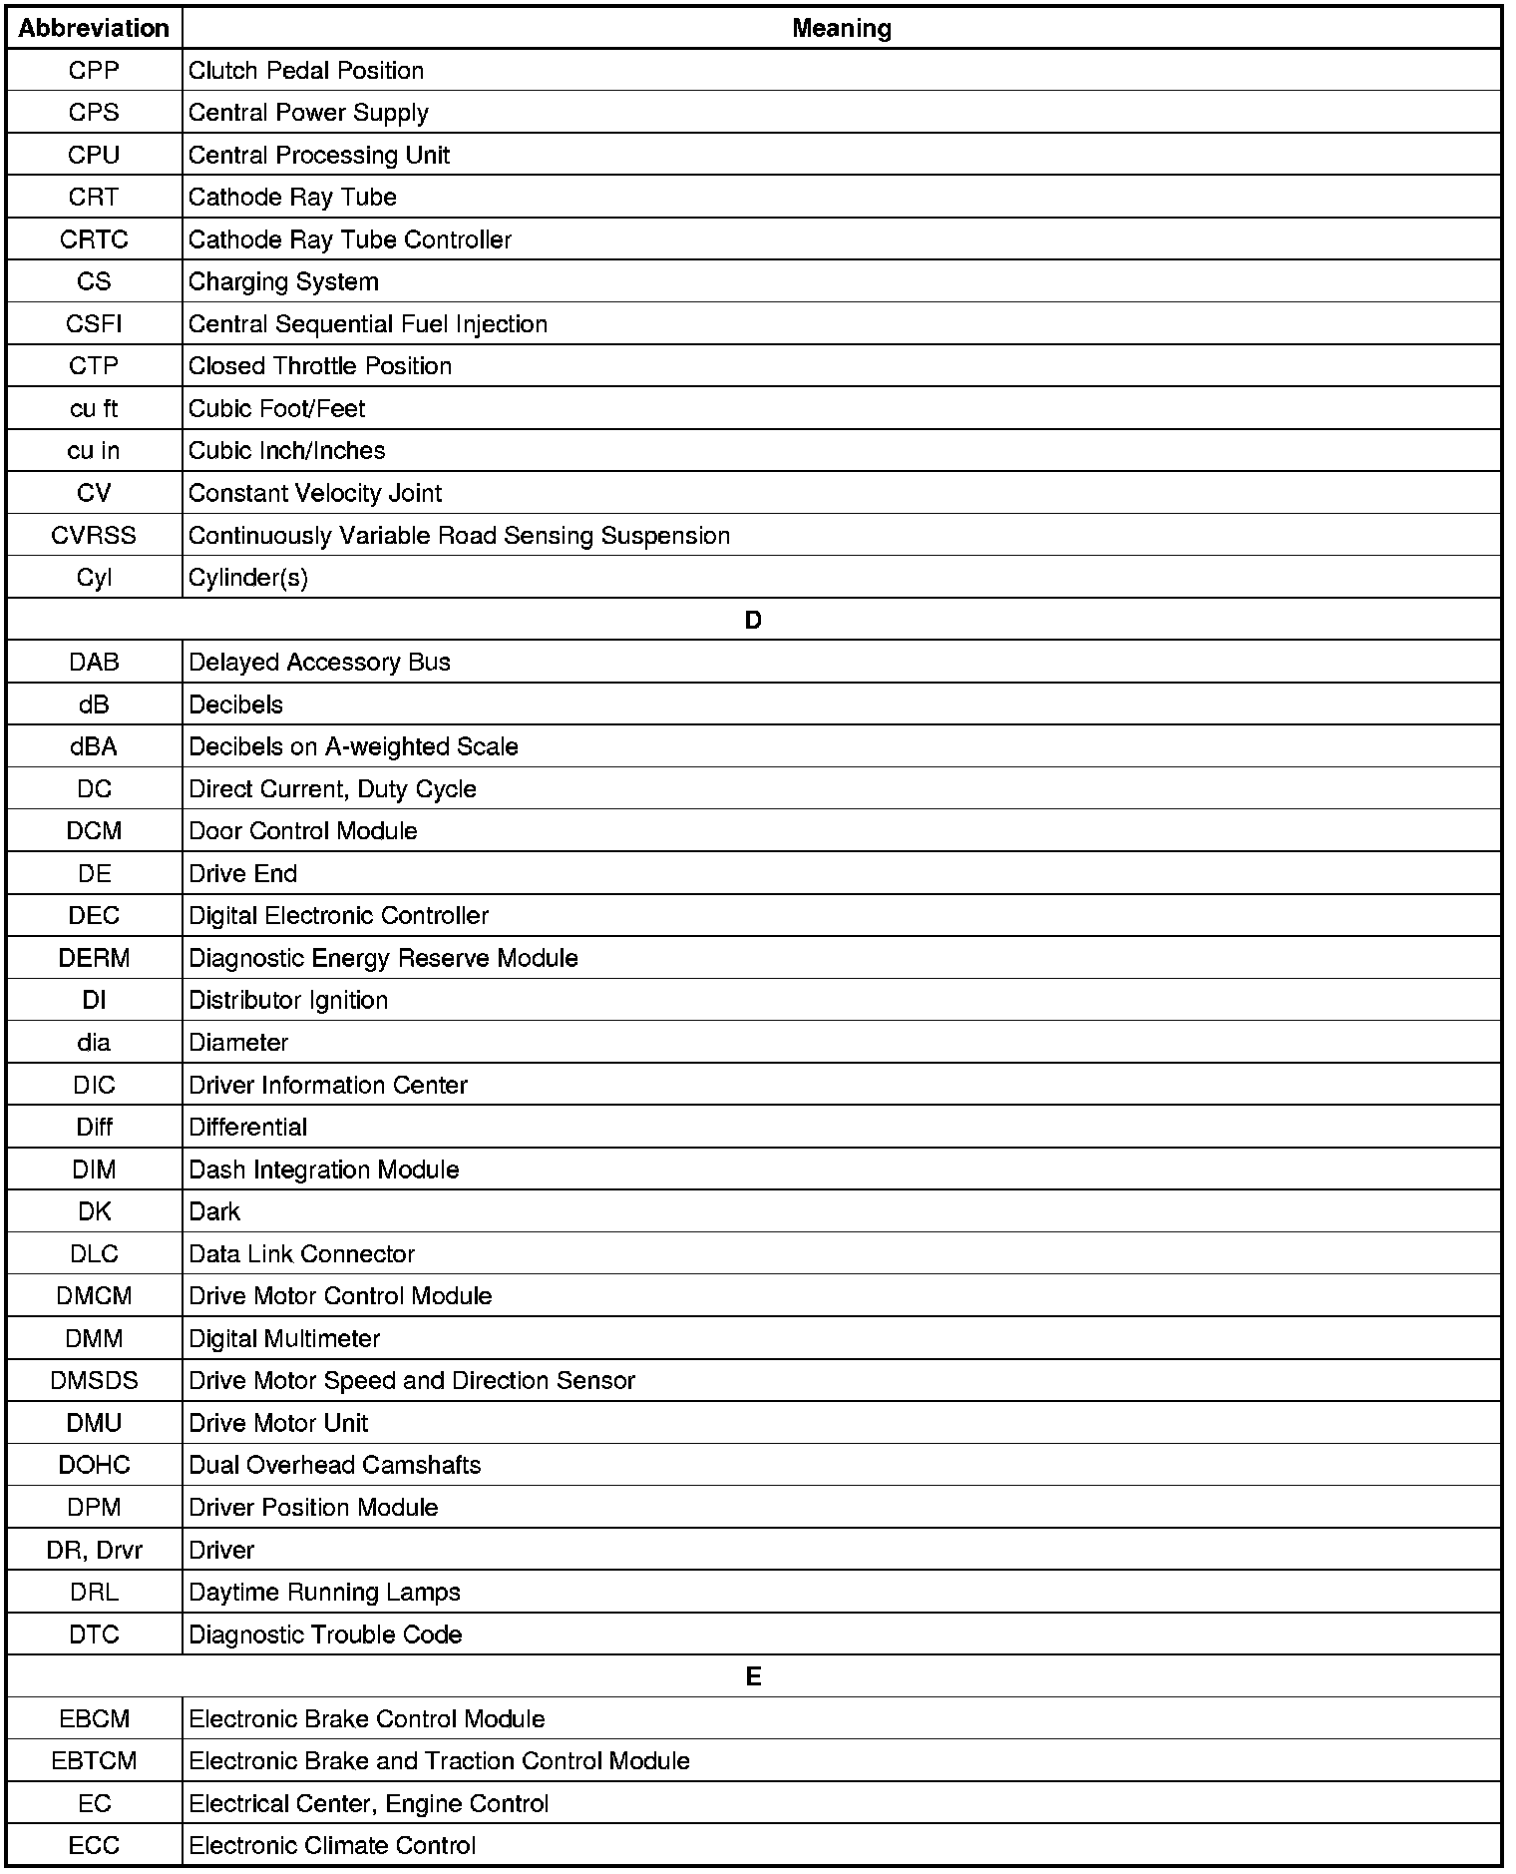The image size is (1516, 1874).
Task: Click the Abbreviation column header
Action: tap(94, 28)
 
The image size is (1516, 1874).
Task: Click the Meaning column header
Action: tap(842, 28)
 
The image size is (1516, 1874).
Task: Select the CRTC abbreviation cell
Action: tap(94, 239)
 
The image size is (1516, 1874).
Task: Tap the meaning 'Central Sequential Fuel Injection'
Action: tap(367, 324)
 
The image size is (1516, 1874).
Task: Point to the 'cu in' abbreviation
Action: tap(94, 451)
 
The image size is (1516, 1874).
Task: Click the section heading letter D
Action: tap(753, 620)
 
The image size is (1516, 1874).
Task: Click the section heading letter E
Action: tap(753, 1676)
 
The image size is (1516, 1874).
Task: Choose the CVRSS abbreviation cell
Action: tap(94, 536)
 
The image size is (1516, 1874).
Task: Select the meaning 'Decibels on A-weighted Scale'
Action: tap(353, 747)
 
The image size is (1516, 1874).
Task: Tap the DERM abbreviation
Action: tap(94, 958)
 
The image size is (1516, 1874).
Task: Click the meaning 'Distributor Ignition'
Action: tap(288, 1001)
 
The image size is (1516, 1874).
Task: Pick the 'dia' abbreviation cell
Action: tap(94, 1043)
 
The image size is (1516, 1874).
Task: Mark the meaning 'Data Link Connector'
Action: tap(301, 1254)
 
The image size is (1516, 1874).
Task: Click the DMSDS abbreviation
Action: tap(94, 1381)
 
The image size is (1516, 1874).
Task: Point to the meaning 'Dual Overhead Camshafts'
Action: tap(334, 1465)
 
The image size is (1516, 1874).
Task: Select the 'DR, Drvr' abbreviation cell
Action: tap(94, 1550)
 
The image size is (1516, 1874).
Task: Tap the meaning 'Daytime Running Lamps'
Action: tap(324, 1592)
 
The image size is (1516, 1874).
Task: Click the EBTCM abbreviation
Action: tap(94, 1761)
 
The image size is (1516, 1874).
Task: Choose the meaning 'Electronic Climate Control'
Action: tap(331, 1845)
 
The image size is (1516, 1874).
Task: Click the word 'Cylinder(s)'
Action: tap(247, 578)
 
